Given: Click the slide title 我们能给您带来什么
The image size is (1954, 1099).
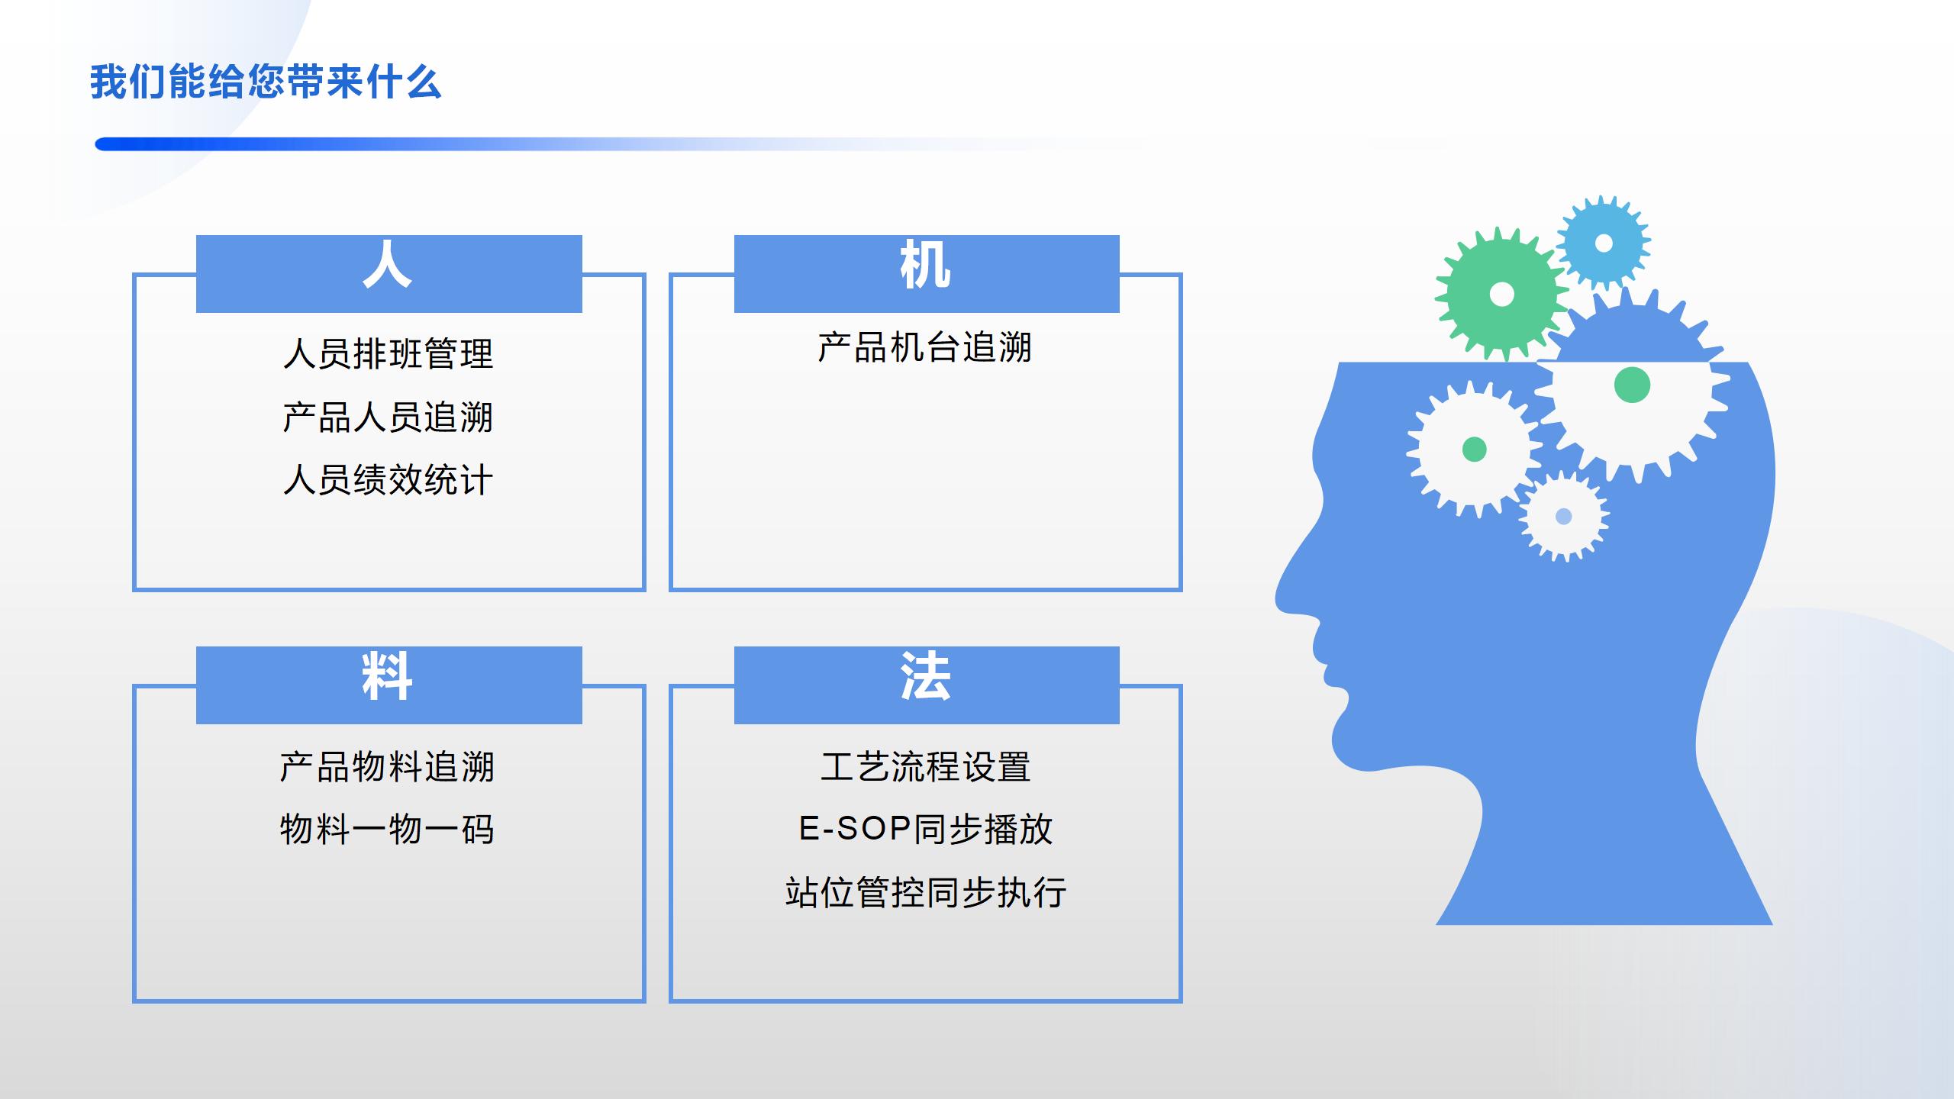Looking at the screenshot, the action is click(x=266, y=82).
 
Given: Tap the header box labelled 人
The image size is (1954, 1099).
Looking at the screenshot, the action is click(x=389, y=273).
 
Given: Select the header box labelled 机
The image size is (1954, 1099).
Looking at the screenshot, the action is click(x=927, y=273).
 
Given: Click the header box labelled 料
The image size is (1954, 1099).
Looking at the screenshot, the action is click(x=389, y=685).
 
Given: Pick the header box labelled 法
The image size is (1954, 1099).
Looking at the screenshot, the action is click(x=927, y=685).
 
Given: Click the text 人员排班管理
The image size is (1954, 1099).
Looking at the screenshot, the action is click(x=388, y=353).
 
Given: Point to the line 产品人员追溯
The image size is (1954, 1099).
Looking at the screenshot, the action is click(x=388, y=417).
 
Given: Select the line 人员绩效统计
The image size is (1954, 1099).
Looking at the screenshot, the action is click(x=388, y=480).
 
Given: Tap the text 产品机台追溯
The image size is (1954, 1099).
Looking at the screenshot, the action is click(x=924, y=347).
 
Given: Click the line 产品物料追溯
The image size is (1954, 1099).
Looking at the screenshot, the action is click(x=388, y=766).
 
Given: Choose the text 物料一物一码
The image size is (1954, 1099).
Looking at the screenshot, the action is click(x=388, y=830).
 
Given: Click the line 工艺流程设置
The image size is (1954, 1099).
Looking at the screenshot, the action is click(x=926, y=766).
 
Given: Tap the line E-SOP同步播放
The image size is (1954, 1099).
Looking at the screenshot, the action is click(x=926, y=830).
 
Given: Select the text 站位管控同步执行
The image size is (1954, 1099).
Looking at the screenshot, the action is click(x=926, y=892).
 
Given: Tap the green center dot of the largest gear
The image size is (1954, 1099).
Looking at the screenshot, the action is click(x=1633, y=385).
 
